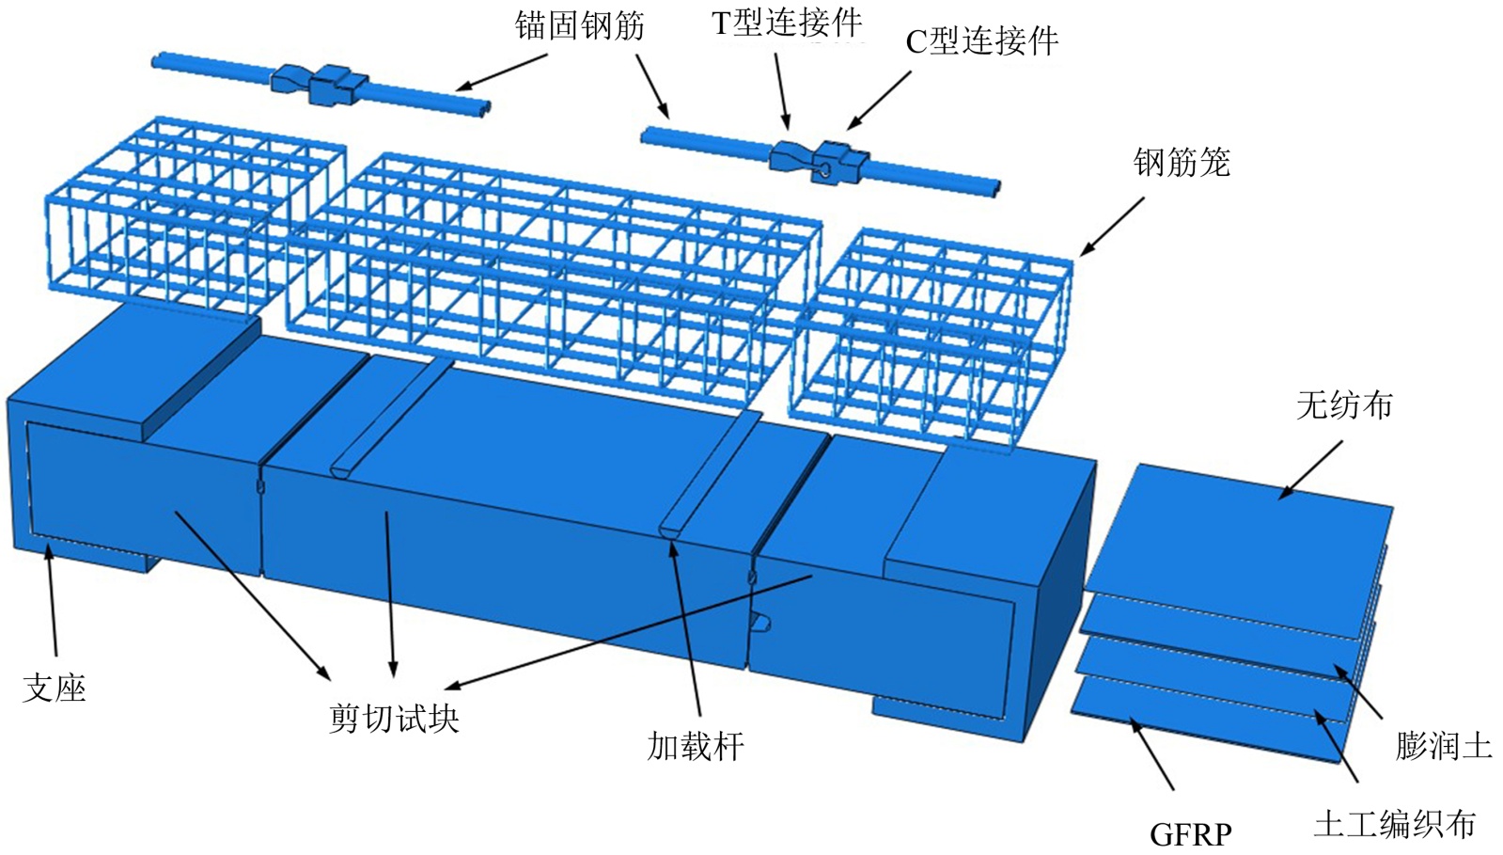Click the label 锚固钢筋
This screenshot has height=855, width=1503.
coord(579,26)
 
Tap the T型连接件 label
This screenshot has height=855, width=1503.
coord(786,23)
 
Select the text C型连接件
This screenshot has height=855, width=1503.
coord(981,41)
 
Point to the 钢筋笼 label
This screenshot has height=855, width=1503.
coord(1182,163)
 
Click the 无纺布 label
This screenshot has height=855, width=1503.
coord(1343,405)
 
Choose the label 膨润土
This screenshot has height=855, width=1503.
coord(1443,746)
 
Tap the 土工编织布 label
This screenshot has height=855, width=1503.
coord(1394,824)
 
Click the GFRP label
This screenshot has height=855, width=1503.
coord(1190,834)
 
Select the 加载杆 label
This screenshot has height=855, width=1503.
coord(696,746)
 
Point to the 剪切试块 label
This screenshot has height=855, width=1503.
coord(394,719)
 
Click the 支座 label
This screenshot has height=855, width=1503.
coord(55,689)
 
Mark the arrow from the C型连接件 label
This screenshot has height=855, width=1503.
coord(880,100)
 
